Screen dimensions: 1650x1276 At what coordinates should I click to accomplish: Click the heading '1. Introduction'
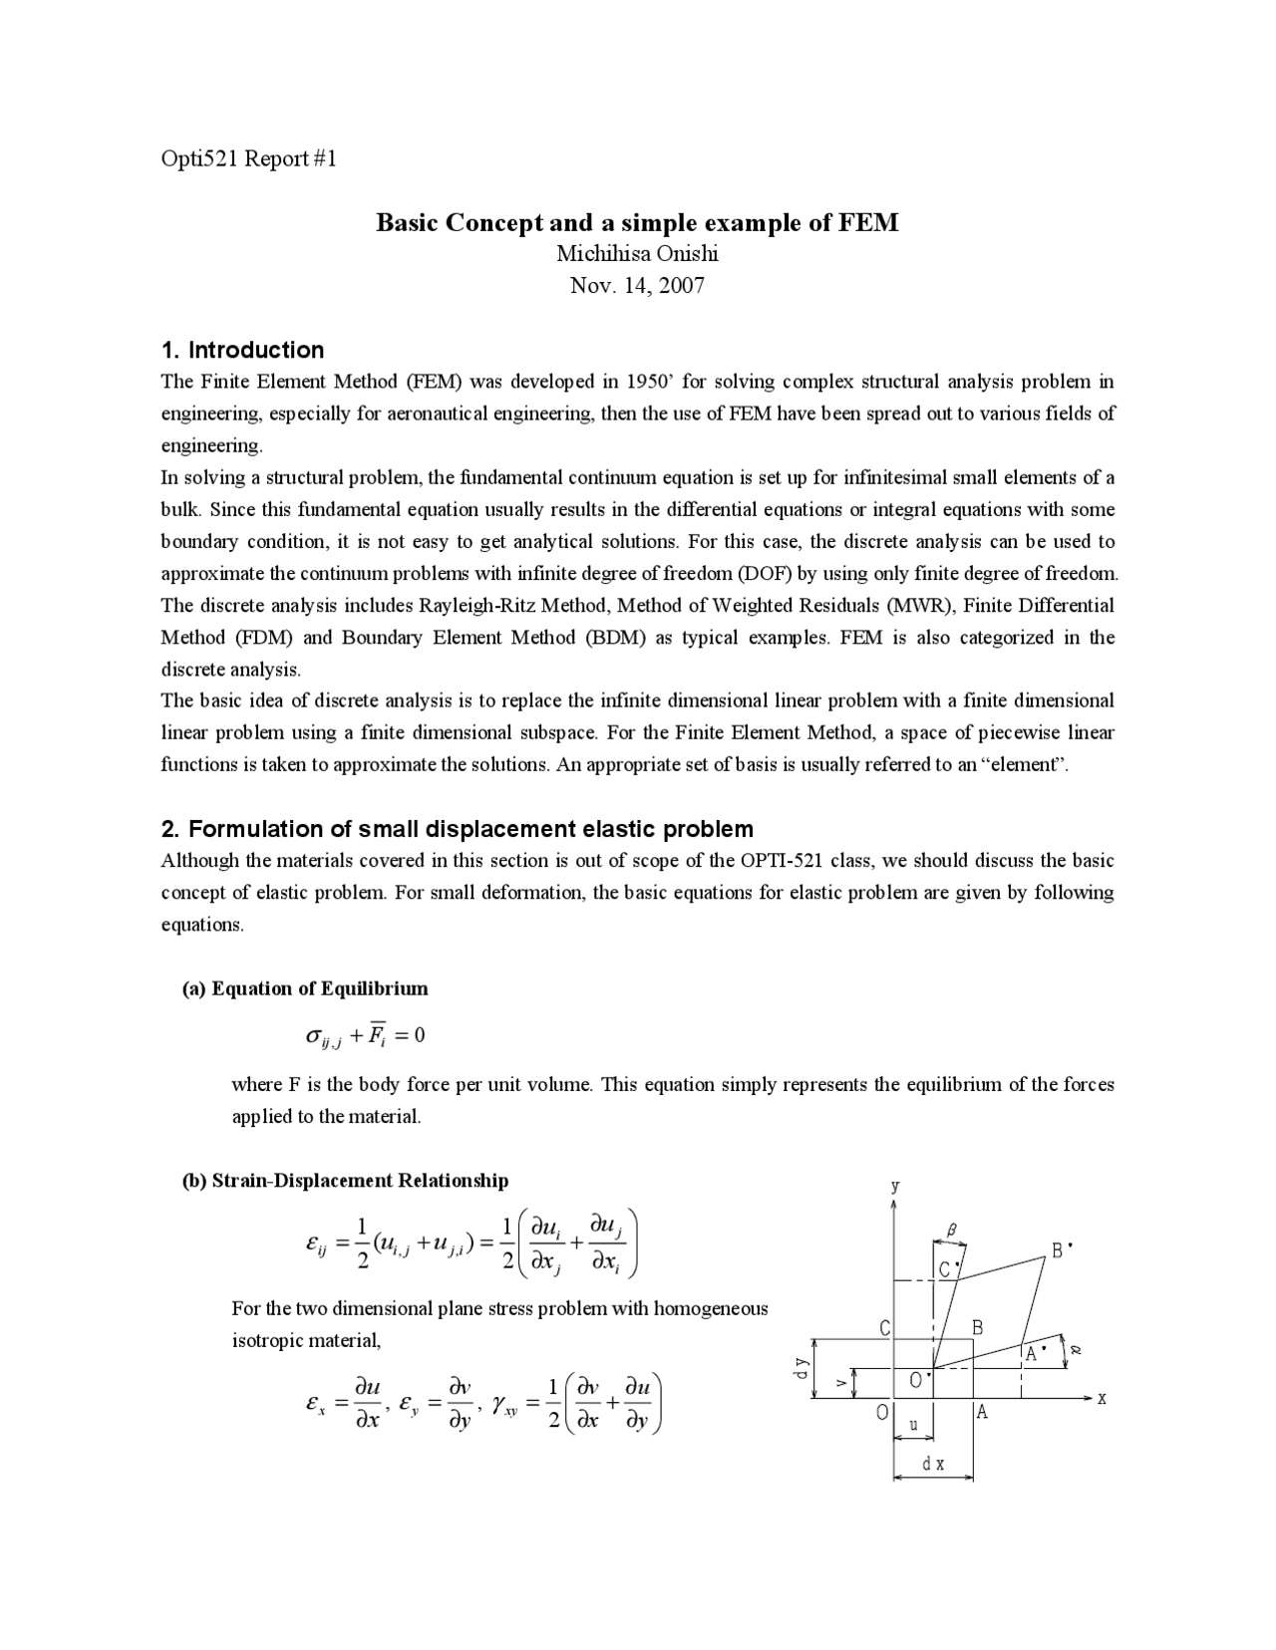coord(242,350)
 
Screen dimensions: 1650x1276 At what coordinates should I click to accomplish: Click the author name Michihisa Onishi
coord(637,253)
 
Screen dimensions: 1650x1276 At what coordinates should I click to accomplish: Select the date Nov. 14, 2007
coord(637,286)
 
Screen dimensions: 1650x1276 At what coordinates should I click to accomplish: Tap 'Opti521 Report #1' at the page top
coord(249,158)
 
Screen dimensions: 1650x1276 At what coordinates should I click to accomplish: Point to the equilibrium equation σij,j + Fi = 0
coord(366,1036)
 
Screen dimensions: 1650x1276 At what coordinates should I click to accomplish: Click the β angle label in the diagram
coord(951,1232)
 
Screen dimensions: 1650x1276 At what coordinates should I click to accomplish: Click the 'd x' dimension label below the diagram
coord(933,1464)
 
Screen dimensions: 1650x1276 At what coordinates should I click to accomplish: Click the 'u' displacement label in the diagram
coord(914,1425)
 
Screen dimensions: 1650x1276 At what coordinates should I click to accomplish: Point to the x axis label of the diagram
coord(1102,1398)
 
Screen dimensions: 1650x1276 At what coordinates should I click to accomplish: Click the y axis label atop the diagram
coord(895,1187)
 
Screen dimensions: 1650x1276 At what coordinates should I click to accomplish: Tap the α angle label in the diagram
coord(1076,1350)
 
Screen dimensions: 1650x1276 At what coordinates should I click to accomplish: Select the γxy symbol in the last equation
coord(504,1406)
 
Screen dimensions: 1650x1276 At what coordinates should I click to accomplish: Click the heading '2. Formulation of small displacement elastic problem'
coord(458,829)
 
